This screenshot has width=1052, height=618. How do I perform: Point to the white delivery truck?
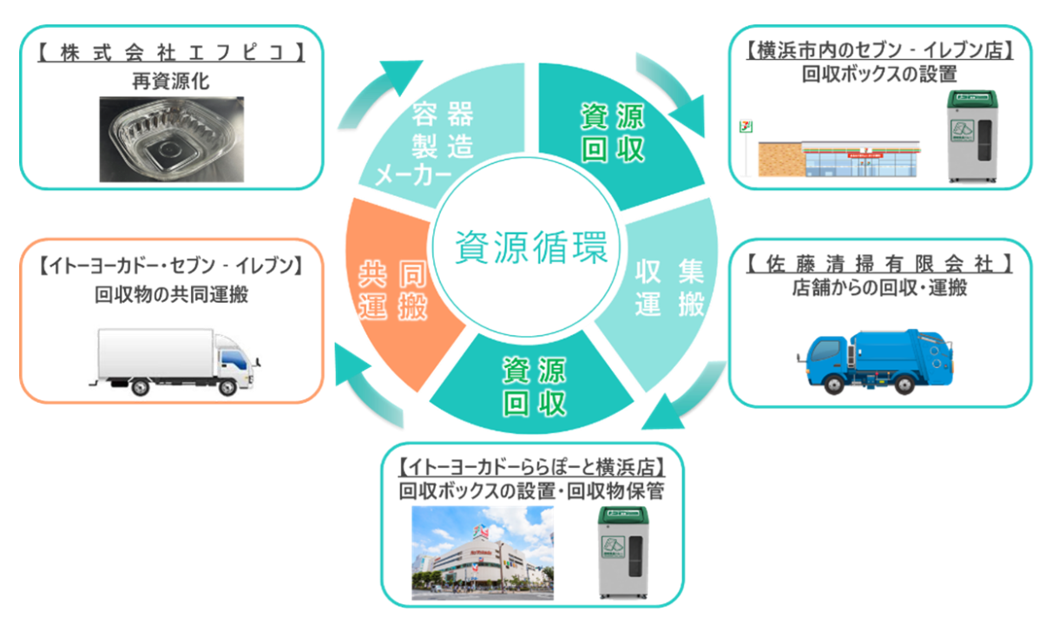click(174, 357)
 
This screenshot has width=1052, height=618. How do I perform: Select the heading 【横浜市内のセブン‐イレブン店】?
click(880, 50)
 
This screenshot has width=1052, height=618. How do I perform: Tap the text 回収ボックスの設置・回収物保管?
click(531, 491)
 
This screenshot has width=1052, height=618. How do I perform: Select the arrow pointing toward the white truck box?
click(365, 382)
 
